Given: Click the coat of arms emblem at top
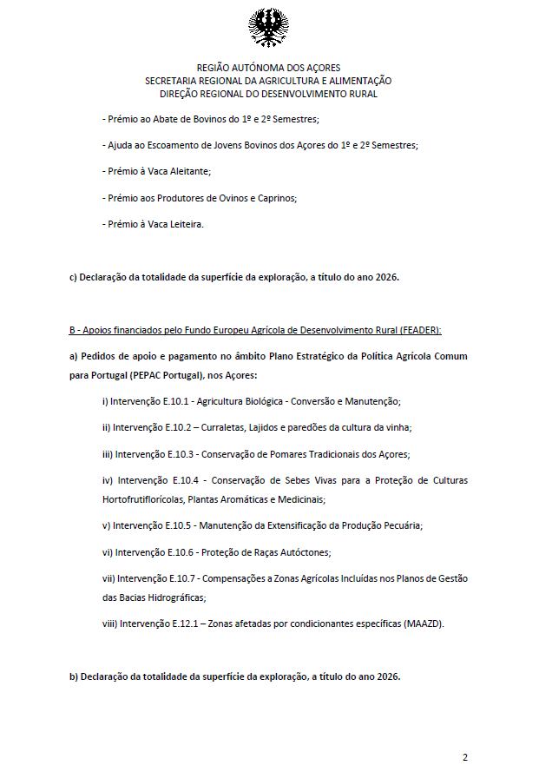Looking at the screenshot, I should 269,29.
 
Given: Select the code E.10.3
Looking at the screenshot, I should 181,454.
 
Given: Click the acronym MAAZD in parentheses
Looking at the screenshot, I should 422,623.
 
